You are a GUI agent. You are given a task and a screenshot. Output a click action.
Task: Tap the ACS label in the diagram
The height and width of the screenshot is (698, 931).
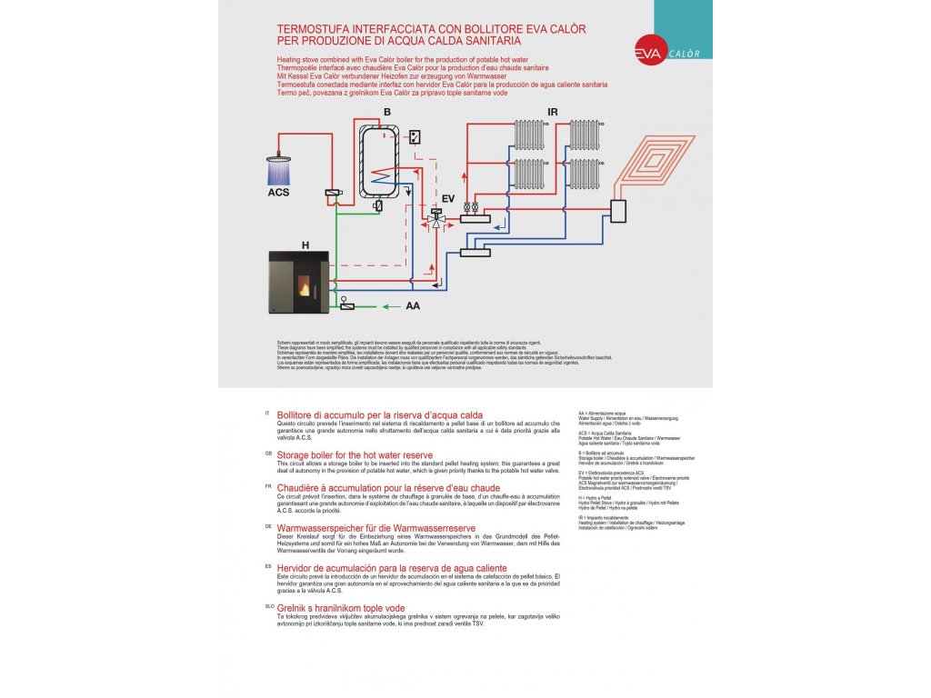click(x=278, y=193)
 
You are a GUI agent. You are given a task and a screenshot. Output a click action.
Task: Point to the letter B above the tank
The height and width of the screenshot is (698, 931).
click(x=386, y=113)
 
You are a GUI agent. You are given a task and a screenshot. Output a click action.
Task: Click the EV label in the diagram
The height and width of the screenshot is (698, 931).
click(x=447, y=197)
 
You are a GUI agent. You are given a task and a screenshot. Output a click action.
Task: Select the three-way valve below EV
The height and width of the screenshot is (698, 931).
click(x=435, y=221)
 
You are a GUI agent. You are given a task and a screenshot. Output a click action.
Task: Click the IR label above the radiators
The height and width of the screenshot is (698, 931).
click(x=552, y=113)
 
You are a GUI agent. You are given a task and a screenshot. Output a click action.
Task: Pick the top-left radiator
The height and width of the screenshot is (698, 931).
click(x=529, y=135)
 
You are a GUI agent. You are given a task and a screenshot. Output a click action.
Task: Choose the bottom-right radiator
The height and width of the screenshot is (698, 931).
click(x=584, y=173)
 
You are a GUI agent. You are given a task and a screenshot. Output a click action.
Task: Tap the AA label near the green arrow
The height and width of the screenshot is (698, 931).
click(x=413, y=306)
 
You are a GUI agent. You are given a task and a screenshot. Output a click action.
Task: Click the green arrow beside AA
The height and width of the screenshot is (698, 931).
click(x=385, y=306)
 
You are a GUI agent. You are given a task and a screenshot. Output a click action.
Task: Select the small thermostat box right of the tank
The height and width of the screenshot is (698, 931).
click(x=415, y=136)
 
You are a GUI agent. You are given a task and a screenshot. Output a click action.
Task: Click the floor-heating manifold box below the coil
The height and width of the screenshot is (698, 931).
click(x=619, y=211)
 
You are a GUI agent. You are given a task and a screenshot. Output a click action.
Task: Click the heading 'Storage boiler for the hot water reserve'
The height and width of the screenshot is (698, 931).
click(x=355, y=454)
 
